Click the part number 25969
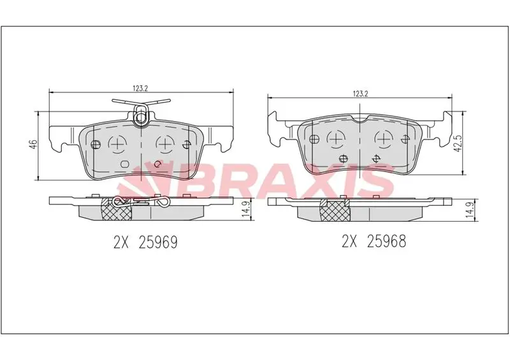tap(158, 242)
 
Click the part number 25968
tap(386, 241)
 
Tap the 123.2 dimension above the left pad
tap(140, 88)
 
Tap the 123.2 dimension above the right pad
tap(360, 94)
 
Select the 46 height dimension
tap(33, 143)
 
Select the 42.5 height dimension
tap(458, 144)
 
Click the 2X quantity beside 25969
tap(120, 242)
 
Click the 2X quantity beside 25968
tap(349, 241)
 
